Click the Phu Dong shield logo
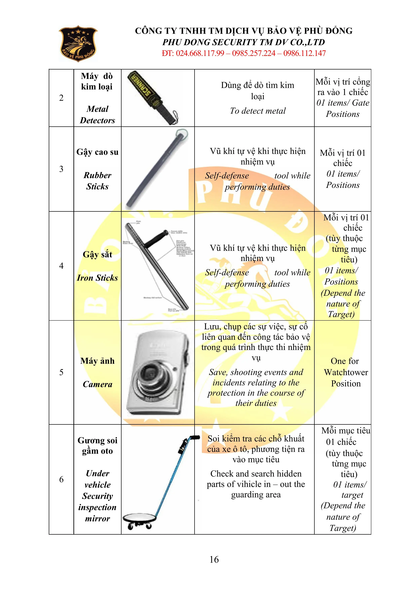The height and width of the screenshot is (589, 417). [x=78, y=44]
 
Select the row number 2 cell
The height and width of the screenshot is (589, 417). [x=61, y=98]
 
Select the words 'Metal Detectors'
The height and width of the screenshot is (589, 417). [x=97, y=114]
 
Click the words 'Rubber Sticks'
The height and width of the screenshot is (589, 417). [x=97, y=181]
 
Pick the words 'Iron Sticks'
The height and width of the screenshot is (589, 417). [x=97, y=278]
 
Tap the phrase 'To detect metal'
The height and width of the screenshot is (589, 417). [x=258, y=111]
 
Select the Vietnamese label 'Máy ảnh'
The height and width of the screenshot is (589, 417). [x=97, y=361]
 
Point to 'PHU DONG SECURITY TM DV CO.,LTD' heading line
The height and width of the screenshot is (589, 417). [x=244, y=42]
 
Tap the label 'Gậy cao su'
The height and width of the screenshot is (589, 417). [x=97, y=152]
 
